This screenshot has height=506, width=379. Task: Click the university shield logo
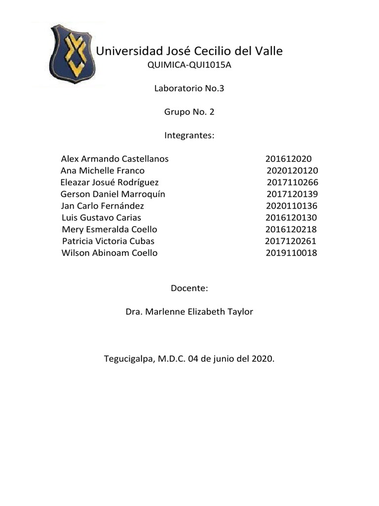[x=70, y=53]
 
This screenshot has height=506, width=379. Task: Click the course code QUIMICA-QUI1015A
[x=189, y=66]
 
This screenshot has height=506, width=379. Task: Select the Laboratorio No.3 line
[x=189, y=89]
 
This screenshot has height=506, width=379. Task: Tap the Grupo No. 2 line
[x=189, y=112]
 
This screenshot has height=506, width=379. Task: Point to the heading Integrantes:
[x=189, y=135]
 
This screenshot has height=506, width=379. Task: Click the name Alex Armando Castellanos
[x=114, y=159]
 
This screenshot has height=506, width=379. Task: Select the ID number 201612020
[x=288, y=159]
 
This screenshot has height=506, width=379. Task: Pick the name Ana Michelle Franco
[x=103, y=170]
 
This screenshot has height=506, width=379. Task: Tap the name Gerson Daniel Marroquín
[x=113, y=194]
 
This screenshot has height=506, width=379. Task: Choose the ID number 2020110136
[x=292, y=206]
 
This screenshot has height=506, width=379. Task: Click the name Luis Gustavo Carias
[x=102, y=217]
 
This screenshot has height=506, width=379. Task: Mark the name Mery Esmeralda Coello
[x=110, y=229]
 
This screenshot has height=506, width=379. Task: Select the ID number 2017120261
[x=291, y=241]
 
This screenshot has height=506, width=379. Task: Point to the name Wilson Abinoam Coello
[x=110, y=253]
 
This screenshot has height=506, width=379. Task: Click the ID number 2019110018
[x=291, y=253]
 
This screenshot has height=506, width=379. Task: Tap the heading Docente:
[x=189, y=288]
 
